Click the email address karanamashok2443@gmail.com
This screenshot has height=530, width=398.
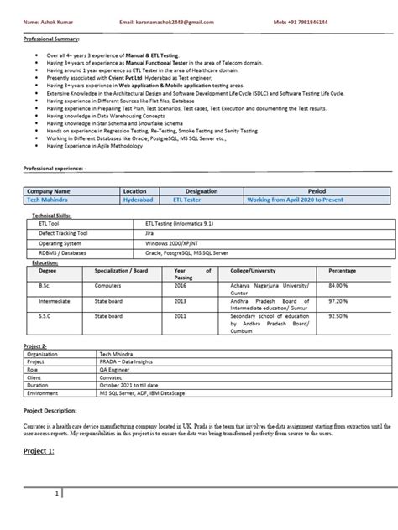pos(167,21)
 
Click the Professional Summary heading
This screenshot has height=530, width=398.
pos(51,39)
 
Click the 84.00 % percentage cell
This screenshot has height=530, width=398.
pos(338,284)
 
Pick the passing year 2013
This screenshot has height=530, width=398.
pos(181,299)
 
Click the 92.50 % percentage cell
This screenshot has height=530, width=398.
pos(338,315)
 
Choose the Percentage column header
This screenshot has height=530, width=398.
pos(342,272)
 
